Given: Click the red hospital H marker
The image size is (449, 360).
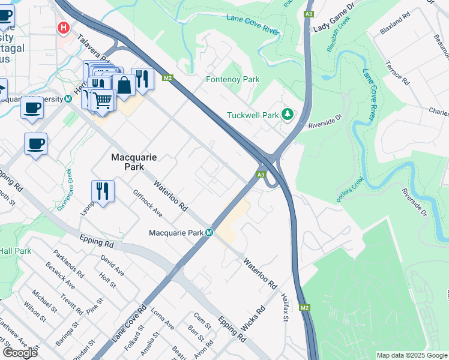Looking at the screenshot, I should pyautogui.click(x=62, y=28).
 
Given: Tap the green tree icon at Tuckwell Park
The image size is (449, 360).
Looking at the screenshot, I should pyautogui.click(x=288, y=114).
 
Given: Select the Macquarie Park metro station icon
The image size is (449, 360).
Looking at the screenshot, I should pyautogui.click(x=209, y=233).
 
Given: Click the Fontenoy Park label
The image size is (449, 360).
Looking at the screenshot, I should pyautogui.click(x=232, y=79).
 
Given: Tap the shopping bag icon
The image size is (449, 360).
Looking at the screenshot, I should pyautogui.click(x=124, y=85).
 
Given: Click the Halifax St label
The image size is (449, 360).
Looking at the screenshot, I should pyautogui.click(x=286, y=311).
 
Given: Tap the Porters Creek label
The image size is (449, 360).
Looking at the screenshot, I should pyautogui.click(x=351, y=190).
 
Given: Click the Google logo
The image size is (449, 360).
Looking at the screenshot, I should pyautogui.click(x=20, y=353).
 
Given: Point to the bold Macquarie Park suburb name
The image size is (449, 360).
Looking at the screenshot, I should pyautogui.click(x=134, y=162).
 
